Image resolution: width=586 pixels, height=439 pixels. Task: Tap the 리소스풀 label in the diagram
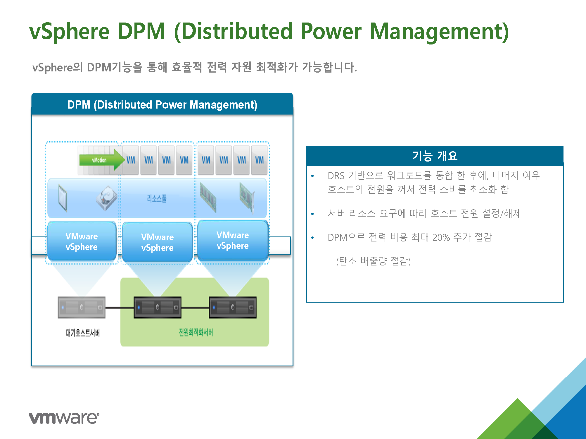(157, 199)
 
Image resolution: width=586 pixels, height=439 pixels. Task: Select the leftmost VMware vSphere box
(82, 241)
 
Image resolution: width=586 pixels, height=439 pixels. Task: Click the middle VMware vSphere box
(157, 242)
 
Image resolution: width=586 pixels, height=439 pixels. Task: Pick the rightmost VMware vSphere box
(233, 241)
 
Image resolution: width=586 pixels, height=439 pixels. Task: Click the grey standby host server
(82, 307)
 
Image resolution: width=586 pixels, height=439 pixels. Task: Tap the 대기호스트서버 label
(83, 333)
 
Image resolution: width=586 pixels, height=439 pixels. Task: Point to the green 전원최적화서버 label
(196, 332)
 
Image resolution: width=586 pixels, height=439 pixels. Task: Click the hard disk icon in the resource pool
(106, 198)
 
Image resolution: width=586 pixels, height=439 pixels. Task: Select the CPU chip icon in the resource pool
(63, 198)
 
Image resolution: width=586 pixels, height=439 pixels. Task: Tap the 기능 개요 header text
(435, 156)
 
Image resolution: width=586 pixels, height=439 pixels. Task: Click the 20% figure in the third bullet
(441, 237)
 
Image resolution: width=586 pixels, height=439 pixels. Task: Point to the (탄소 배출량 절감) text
(374, 261)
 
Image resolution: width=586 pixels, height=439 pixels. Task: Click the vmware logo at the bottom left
(64, 418)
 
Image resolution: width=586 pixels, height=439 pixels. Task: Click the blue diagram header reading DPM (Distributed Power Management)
(162, 104)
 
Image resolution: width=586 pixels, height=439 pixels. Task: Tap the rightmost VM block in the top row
(259, 160)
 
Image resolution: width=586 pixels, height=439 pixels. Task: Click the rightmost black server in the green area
(233, 307)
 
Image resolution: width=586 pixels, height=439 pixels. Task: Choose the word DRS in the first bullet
(336, 176)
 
